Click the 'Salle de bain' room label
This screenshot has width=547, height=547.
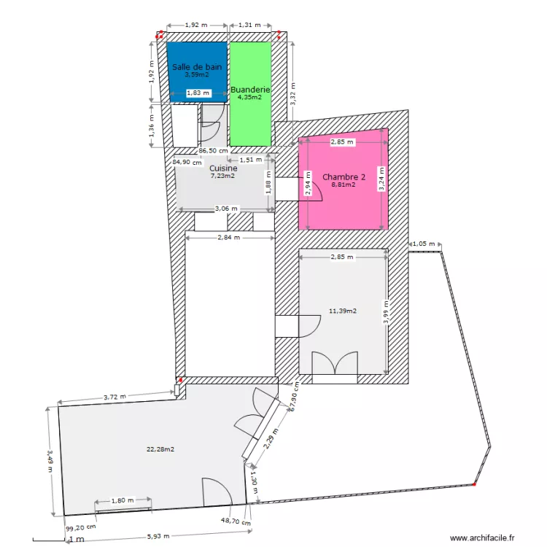click(x=197, y=66)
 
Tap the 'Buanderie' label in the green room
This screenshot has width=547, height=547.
click(x=250, y=90)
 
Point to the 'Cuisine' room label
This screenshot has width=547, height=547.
click(x=223, y=168)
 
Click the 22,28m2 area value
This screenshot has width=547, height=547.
click(x=160, y=449)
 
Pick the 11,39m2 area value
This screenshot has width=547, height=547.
click(x=343, y=311)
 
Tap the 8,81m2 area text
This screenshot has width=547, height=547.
click(x=344, y=185)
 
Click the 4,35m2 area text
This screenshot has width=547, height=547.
click(x=250, y=97)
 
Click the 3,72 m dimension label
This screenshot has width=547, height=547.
click(x=115, y=397)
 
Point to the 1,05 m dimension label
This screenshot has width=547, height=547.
click(x=424, y=244)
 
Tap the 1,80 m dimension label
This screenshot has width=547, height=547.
click(x=123, y=500)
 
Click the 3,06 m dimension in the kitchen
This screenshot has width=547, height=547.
click(x=225, y=209)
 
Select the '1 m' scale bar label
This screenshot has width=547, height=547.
click(x=75, y=540)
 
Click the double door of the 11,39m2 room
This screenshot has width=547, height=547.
click(x=335, y=363)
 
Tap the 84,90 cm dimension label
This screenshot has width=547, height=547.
click(x=187, y=163)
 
